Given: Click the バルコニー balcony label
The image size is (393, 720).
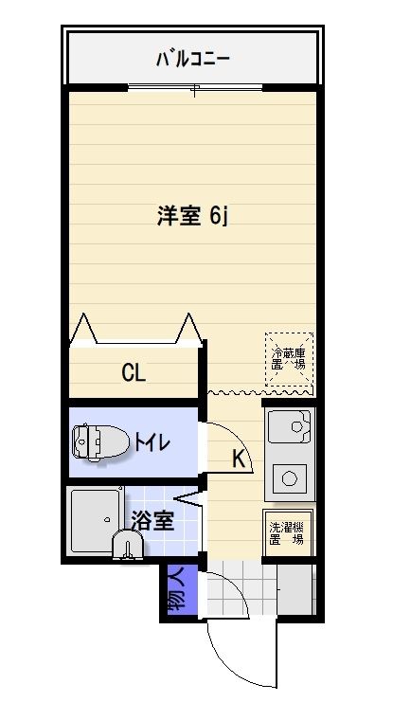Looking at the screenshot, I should coord(193,60).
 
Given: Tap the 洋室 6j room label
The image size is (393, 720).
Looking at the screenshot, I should coord(192,216).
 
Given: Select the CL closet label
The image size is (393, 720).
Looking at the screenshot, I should coord(134,372).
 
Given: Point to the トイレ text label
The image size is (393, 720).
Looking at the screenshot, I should coord(152,442).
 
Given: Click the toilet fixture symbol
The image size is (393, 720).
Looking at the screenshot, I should coord(98,442).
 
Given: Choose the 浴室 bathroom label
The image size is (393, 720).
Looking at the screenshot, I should coord(152,520).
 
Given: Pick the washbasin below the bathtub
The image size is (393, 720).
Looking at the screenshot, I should coord(126,546).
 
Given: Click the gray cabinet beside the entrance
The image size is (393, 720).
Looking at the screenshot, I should coord(295,588).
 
